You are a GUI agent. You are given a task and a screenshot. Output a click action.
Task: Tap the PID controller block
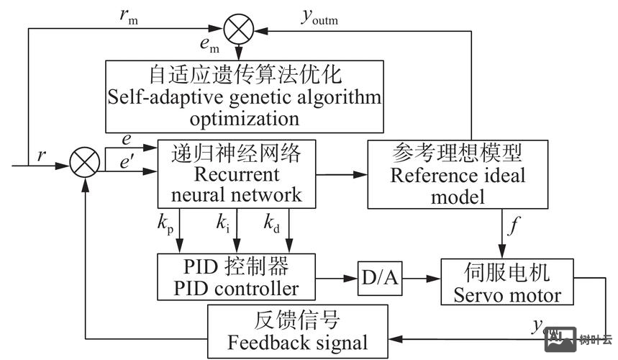[x=236, y=277]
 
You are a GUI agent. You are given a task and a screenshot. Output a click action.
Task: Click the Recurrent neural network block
[x=236, y=174]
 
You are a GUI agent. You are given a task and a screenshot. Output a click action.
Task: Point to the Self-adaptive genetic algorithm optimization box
[x=245, y=96]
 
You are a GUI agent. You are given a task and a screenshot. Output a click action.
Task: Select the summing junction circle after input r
[x=84, y=164]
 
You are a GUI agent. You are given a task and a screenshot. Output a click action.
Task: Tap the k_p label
[x=167, y=225]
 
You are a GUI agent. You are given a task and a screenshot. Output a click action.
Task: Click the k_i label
[x=223, y=225]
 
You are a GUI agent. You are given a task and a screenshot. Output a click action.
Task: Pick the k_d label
[x=271, y=225]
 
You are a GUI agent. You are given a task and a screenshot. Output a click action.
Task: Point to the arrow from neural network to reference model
[x=341, y=174]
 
